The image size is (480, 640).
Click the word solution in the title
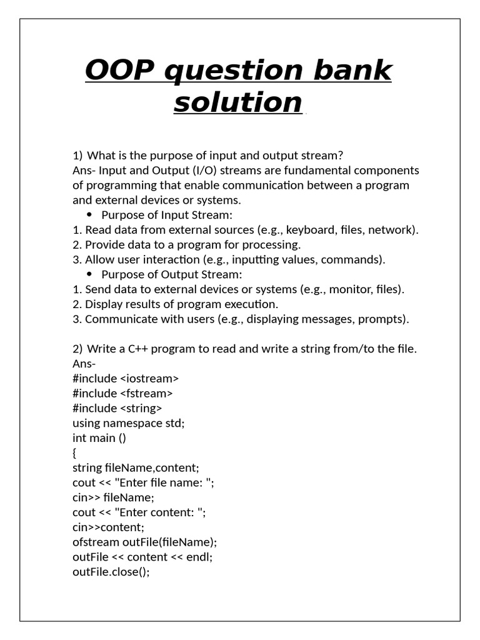(237, 102)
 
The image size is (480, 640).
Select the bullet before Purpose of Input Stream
(89, 215)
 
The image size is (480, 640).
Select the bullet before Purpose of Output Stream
(89, 274)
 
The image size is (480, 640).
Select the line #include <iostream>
(126, 378)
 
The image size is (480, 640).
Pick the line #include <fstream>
(122, 393)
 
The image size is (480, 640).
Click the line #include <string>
(117, 408)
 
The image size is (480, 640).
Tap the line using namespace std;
(129, 423)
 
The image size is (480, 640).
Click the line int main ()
(99, 438)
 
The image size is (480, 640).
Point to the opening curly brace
(75, 453)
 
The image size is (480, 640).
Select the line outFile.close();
(111, 572)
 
